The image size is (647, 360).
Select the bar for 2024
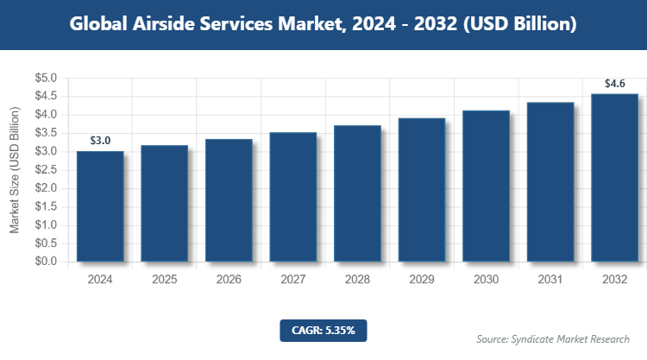point(100,206)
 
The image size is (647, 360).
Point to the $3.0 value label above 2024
point(100,141)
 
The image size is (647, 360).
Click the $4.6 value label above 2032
point(615,84)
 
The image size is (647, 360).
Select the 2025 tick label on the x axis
point(164,280)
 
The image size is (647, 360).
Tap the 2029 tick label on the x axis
point(421,280)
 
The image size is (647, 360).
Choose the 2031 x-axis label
point(550,280)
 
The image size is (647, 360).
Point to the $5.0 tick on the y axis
point(46,78)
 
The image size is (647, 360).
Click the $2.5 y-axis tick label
point(46,170)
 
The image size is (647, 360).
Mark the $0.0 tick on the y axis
point(46,262)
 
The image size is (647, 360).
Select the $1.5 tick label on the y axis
point(46,206)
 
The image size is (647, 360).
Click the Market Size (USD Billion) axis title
point(15,170)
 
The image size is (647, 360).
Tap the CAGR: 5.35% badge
point(323,330)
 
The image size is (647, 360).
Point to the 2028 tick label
point(357,280)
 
